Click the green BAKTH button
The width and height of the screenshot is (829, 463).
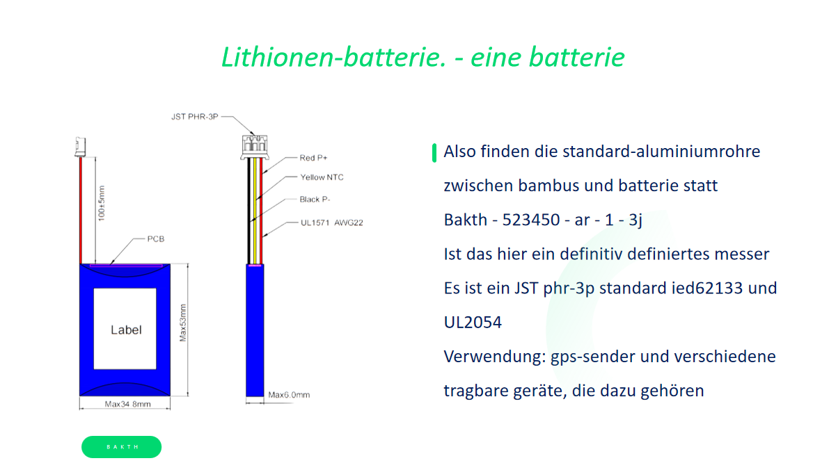point(121,447)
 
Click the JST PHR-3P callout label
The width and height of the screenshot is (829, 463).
point(195,116)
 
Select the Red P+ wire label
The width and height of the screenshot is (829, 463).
point(314,158)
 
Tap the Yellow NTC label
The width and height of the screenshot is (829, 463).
point(322,177)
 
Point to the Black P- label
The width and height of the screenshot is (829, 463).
point(315,200)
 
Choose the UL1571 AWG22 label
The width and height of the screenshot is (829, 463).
point(331,223)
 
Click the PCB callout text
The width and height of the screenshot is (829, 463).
point(155,238)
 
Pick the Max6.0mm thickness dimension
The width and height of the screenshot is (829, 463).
point(289,395)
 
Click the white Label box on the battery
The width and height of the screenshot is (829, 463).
point(125,330)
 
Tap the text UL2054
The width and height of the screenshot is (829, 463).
point(473,322)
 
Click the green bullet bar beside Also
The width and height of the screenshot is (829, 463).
point(434,152)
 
